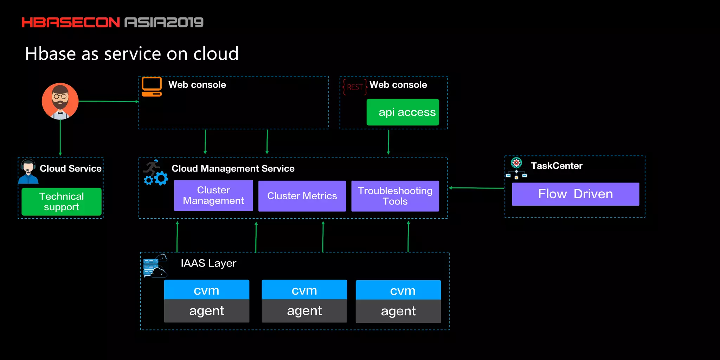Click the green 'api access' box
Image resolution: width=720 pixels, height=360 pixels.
coord(403,112)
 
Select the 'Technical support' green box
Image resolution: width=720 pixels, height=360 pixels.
coord(62,201)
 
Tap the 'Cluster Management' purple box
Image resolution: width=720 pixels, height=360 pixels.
coord(213,195)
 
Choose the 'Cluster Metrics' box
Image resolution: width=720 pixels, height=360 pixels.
coord(302,196)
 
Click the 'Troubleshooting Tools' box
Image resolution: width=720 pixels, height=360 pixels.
coord(395,196)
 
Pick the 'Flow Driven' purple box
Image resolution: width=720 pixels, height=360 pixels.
coord(575,194)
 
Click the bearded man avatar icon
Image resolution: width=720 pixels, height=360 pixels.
coord(60,101)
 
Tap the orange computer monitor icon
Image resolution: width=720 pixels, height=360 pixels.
coord(152,86)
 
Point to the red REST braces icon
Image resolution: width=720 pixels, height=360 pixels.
coord(355,87)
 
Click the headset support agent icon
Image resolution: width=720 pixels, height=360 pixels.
coord(28,171)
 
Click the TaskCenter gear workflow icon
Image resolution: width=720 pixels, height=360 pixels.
coord(516,168)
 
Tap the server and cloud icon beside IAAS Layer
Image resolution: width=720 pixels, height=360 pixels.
coord(154,266)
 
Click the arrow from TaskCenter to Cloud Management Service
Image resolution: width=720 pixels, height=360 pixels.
coord(476,188)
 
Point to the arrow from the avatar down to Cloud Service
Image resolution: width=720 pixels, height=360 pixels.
coord(60,137)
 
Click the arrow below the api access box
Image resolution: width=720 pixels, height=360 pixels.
coord(388,142)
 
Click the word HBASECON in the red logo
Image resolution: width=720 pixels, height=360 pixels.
coord(71,22)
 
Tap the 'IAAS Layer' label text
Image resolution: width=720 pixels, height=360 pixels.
coord(208,263)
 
